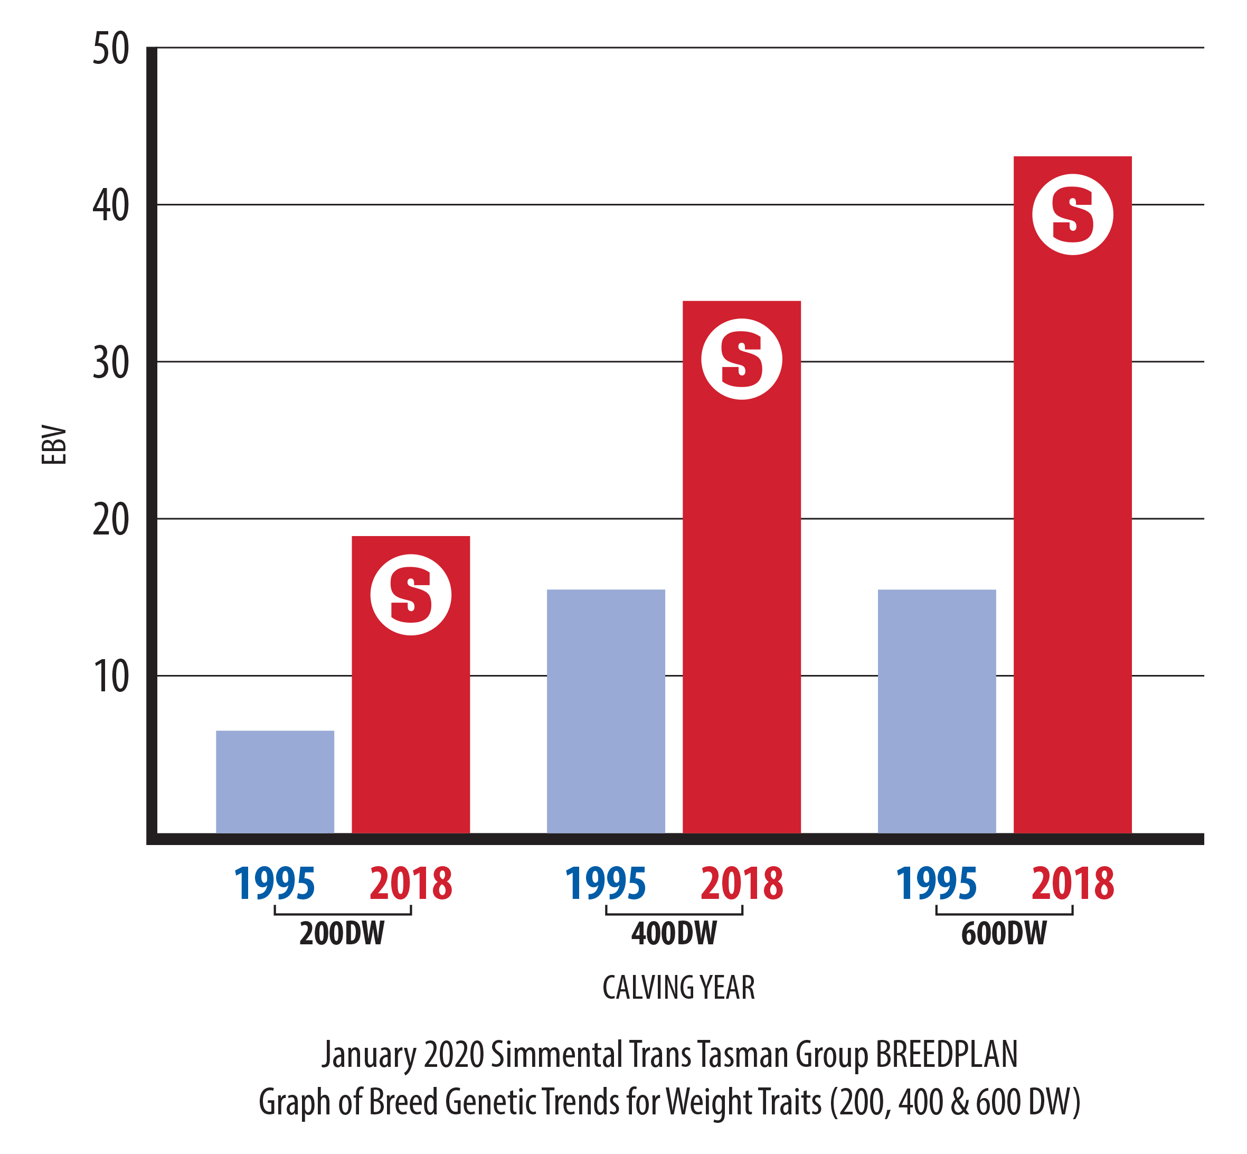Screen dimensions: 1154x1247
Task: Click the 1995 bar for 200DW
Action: (275, 781)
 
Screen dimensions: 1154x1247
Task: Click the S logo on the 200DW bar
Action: (411, 595)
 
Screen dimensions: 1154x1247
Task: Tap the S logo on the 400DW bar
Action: (741, 359)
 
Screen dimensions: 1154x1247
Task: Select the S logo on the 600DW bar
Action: (1072, 214)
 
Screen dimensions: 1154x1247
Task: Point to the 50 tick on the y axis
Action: (111, 49)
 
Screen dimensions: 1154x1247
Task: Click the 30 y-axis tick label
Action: (111, 363)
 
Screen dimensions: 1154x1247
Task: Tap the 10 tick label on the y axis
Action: (111, 677)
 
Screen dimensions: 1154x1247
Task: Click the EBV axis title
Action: (54, 445)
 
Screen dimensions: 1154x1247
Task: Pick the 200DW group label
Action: (342, 934)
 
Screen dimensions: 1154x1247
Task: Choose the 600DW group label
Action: (1004, 934)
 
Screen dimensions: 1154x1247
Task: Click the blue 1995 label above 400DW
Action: (606, 884)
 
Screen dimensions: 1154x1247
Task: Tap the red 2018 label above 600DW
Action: (1072, 884)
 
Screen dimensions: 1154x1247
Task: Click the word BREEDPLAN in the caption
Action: (946, 1055)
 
